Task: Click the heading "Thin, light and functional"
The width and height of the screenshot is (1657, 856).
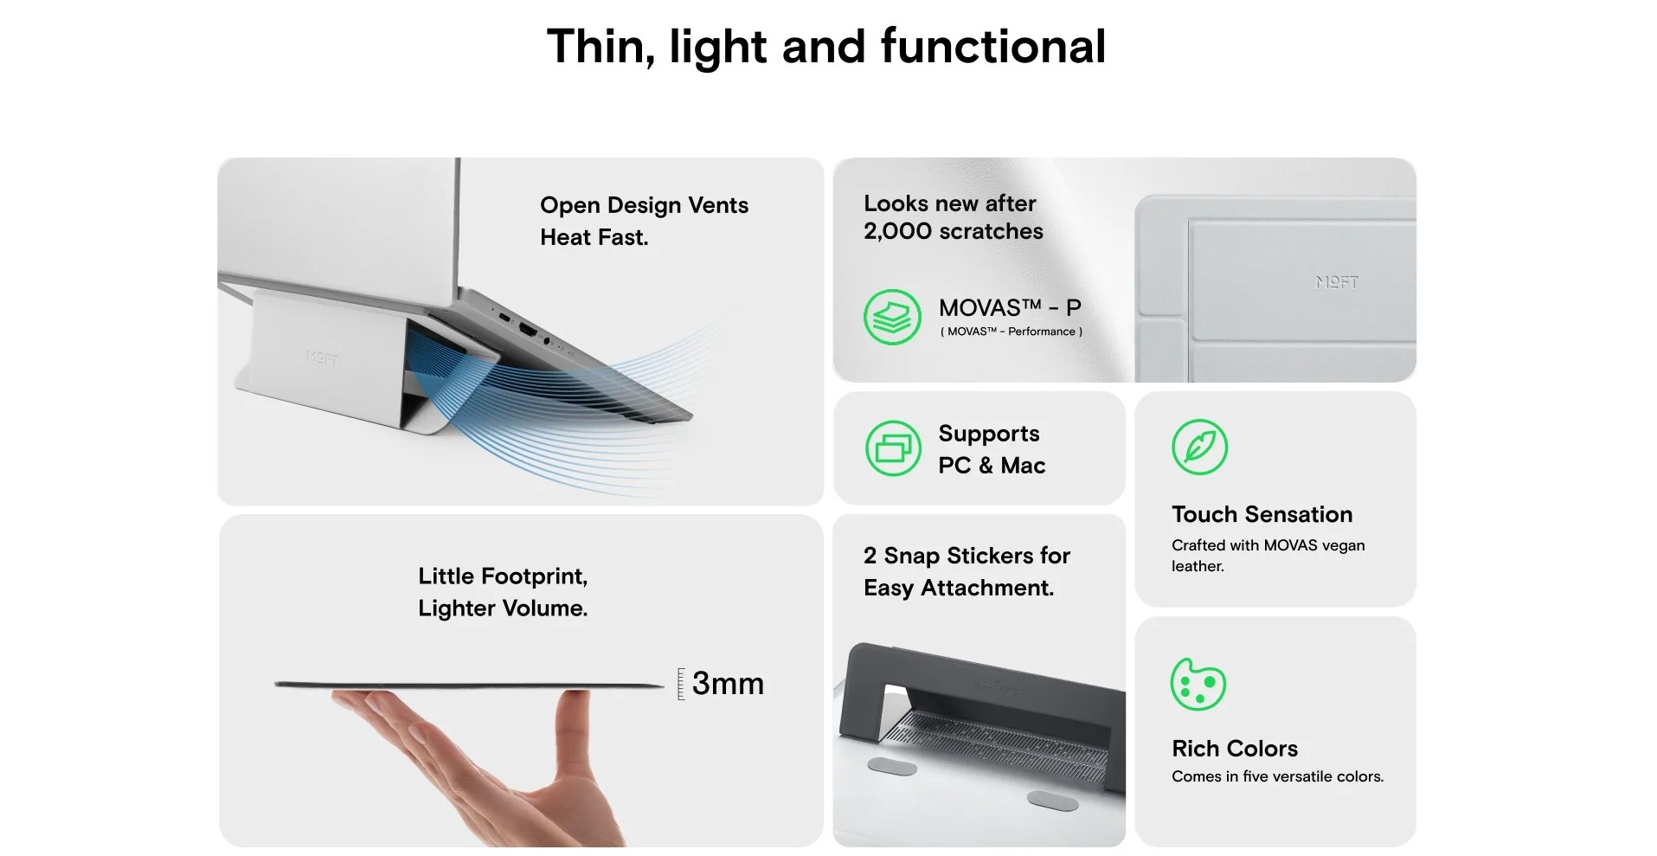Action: [826, 47]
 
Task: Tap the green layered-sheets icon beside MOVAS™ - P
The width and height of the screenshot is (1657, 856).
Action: [892, 317]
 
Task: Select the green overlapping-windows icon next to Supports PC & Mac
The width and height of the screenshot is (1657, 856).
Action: [893, 448]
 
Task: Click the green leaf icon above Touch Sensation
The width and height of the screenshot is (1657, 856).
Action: [1199, 447]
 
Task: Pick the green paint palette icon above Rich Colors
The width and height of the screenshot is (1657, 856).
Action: [1198, 684]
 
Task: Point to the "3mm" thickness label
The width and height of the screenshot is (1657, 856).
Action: [728, 683]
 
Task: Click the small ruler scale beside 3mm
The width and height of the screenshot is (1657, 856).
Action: [681, 684]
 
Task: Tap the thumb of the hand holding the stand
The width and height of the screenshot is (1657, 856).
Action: [575, 736]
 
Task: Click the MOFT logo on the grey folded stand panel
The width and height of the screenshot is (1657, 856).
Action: [1337, 282]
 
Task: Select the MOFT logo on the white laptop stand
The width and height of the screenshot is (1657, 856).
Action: [321, 357]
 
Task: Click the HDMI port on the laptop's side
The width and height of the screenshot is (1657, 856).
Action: [526, 330]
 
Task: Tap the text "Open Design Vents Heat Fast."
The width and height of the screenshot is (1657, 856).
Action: [644, 221]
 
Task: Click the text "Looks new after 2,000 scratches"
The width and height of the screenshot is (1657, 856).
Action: [954, 217]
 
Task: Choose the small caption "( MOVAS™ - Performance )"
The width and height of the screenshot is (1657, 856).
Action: [1011, 331]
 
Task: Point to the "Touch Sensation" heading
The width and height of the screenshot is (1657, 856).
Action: [1262, 514]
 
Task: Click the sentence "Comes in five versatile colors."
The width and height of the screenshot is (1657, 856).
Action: [1277, 776]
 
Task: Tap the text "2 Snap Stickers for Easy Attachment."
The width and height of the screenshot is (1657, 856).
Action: [967, 571]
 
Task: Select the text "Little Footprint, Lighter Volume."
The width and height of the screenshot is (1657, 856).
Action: [503, 592]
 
